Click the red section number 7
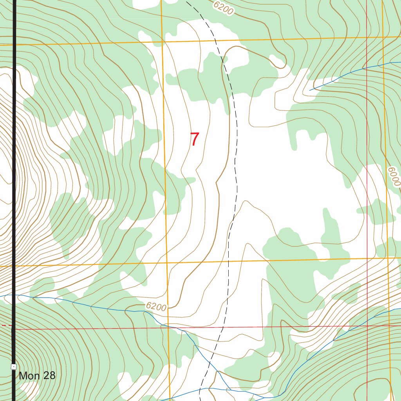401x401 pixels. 195,139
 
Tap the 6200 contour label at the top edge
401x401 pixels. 224,7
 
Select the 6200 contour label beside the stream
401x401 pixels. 156,307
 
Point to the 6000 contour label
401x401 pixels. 394,177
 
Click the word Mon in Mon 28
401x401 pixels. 29,376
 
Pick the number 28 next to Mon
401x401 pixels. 49,376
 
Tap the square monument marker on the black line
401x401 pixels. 14,367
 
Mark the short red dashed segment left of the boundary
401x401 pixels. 5,325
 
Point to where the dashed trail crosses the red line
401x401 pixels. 223,327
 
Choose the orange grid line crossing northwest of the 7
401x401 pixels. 162,41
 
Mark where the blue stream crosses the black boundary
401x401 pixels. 14,295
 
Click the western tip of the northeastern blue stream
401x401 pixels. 310,90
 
